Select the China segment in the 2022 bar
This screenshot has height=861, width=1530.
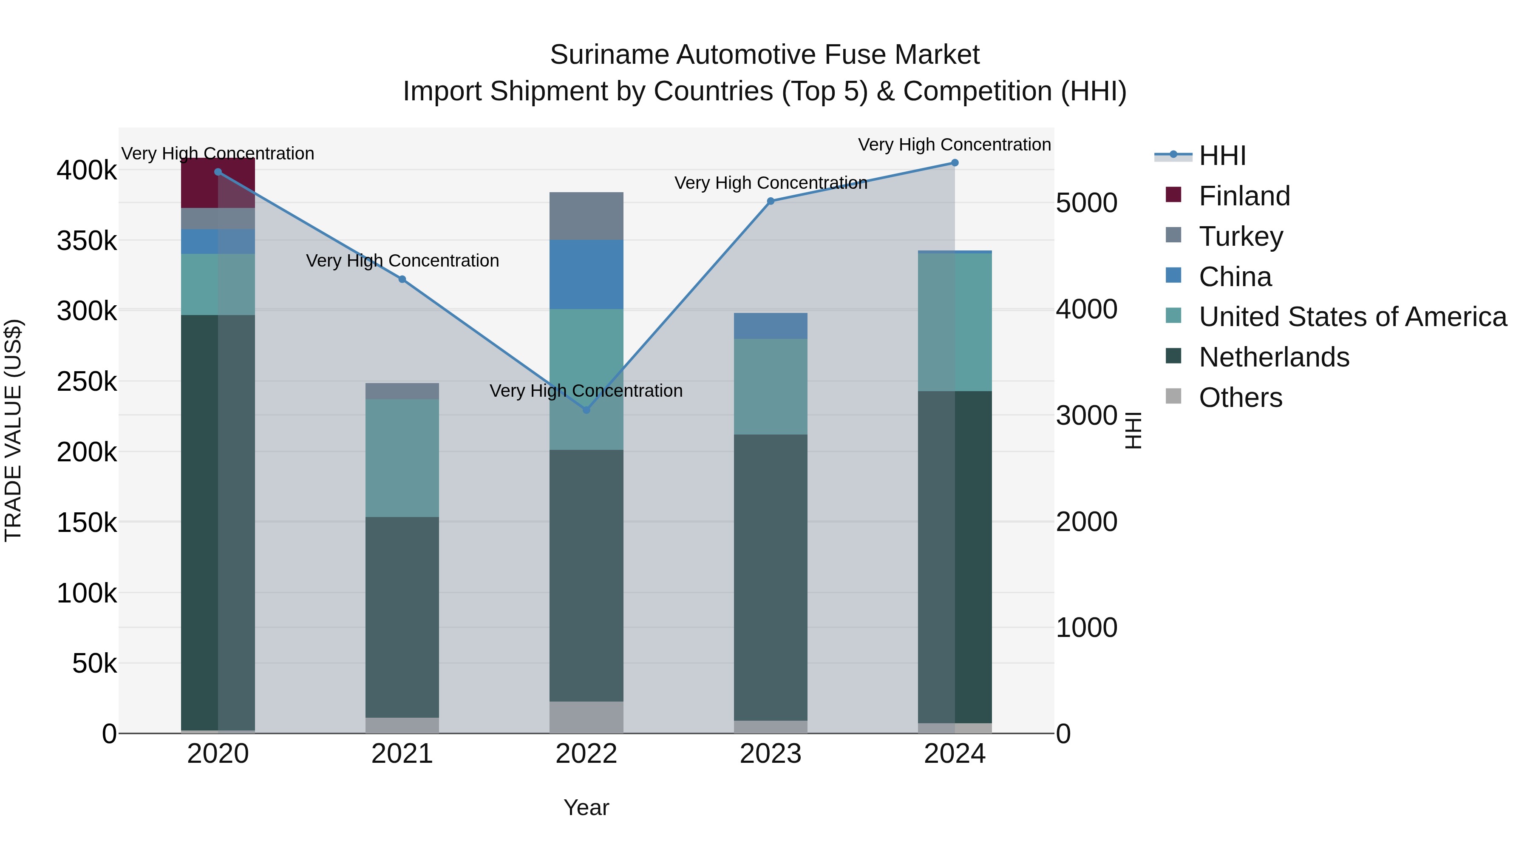586,274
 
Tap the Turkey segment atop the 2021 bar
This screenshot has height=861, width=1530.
402,391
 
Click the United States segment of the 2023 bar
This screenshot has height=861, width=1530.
771,386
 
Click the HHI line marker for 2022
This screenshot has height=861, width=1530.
586,410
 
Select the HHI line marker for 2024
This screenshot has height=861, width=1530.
955,163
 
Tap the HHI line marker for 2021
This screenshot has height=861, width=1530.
402,279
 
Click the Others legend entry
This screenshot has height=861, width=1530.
1240,398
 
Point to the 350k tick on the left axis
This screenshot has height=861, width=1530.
87,241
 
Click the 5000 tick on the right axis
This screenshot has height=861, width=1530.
1086,203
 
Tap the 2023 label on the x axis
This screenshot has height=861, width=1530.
771,754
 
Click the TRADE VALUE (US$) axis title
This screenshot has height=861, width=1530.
13,430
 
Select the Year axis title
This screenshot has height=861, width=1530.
586,807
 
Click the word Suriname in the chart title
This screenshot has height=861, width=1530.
609,55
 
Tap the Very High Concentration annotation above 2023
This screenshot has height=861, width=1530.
771,183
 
